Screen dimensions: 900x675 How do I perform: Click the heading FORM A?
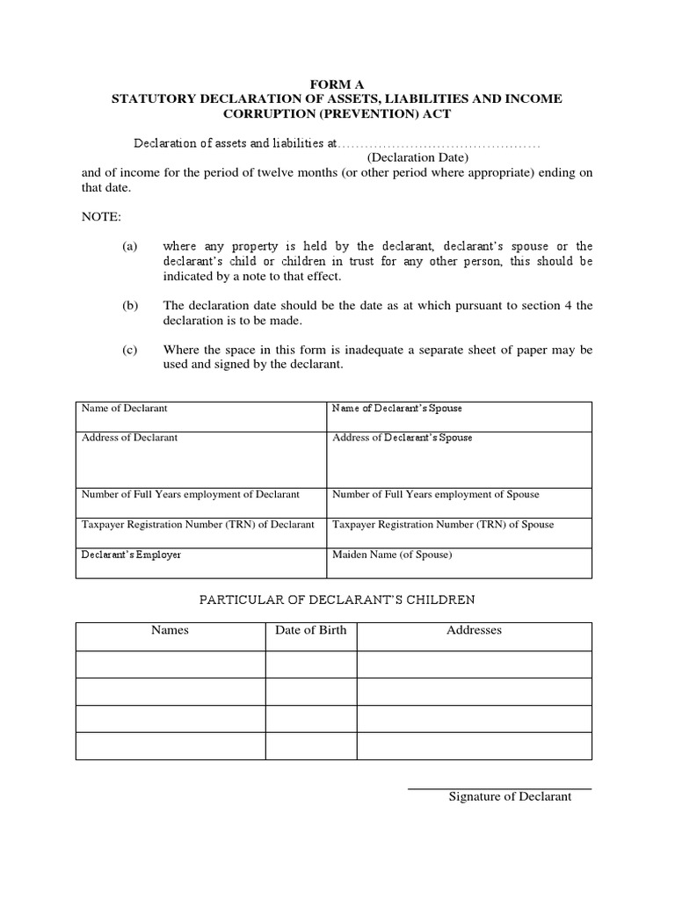tap(337, 84)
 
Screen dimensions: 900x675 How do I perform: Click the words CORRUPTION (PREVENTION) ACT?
tap(337, 114)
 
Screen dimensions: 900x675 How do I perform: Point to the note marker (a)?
tap(130, 247)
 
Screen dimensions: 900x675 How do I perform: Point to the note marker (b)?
tap(130, 306)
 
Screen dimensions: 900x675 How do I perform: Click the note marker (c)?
tap(130, 350)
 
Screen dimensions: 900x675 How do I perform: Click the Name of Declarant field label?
tap(124, 409)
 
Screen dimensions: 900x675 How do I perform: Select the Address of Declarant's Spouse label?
tap(402, 438)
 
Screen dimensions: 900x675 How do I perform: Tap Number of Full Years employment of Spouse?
tap(435, 495)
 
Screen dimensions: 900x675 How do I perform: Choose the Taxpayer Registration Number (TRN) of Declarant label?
tap(198, 525)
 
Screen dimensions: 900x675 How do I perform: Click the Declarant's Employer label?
tap(131, 555)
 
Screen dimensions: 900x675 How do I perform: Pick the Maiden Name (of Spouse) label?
tap(392, 555)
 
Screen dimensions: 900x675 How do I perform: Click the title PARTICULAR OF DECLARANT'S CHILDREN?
tap(337, 600)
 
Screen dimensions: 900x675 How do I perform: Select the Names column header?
tap(170, 630)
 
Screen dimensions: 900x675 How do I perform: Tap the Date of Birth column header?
tap(310, 630)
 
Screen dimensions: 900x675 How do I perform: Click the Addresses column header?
tap(474, 630)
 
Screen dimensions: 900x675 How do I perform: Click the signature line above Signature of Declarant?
tap(499, 788)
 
